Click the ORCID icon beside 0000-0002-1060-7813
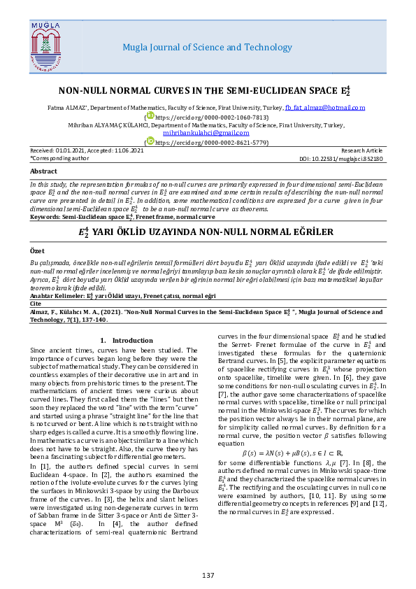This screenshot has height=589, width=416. pyautogui.click(x=150, y=116)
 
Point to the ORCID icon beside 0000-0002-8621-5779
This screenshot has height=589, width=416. pyautogui.click(x=150, y=141)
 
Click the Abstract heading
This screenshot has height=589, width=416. pyautogui.click(x=43, y=171)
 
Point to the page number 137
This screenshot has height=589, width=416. pyautogui.click(x=208, y=575)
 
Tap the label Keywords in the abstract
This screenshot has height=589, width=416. pyautogui.click(x=45, y=217)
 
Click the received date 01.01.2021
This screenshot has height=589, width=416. pyautogui.click(x=68, y=150)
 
